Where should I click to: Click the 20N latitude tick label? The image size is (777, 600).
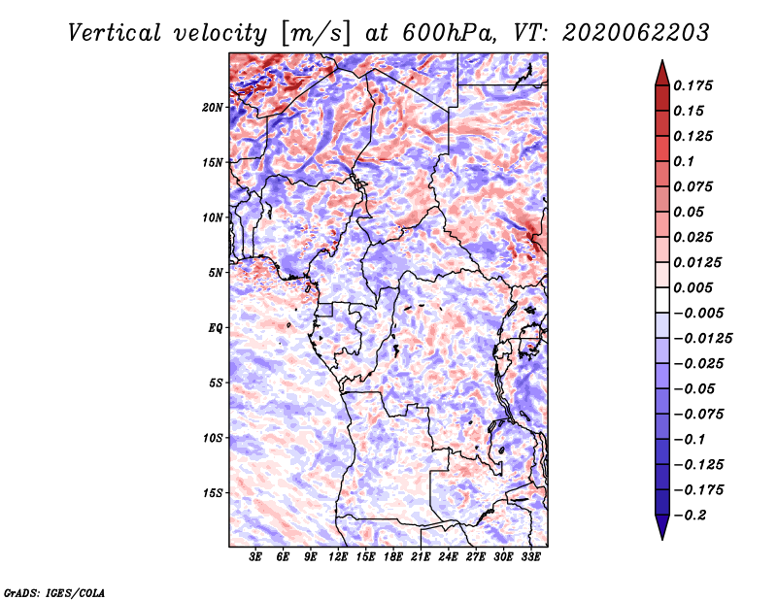(213, 108)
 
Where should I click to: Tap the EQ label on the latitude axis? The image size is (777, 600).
(216, 328)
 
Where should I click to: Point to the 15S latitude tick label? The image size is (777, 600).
(213, 493)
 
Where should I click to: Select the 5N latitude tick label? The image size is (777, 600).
(216, 273)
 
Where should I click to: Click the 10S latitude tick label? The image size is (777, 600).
(213, 438)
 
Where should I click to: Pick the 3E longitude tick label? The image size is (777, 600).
(255, 557)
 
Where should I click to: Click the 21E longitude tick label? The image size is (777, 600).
(421, 557)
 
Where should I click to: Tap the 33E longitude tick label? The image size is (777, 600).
(530, 557)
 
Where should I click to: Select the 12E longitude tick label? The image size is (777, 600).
(337, 557)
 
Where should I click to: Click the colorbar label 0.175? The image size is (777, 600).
(693, 85)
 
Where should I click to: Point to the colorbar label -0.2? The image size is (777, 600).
(690, 516)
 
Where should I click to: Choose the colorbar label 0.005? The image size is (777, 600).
(693, 287)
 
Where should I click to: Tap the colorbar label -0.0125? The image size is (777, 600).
(702, 339)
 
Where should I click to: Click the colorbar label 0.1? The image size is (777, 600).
(684, 161)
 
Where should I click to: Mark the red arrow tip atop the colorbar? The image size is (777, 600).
(662, 60)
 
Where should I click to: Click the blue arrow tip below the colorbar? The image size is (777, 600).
(662, 539)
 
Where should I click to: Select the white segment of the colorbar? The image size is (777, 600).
(662, 300)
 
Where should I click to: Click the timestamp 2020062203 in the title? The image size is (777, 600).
(636, 33)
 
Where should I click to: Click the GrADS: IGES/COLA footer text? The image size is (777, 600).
(54, 593)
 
